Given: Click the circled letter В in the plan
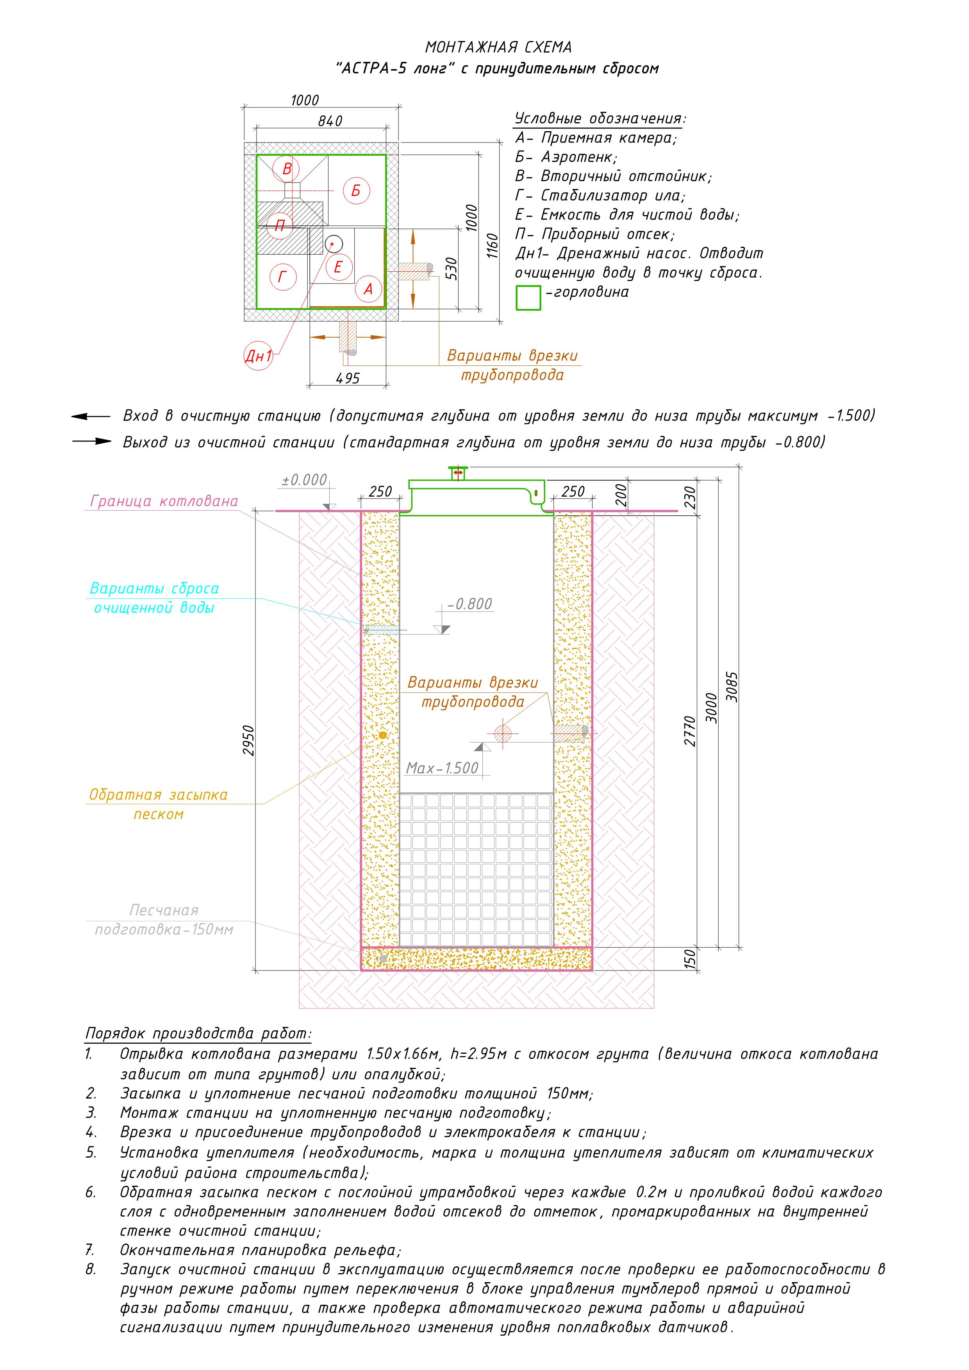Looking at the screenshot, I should pos(287,169).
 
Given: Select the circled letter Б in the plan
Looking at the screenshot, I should pos(356,191).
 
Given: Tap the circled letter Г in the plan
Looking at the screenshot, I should pos(282,277).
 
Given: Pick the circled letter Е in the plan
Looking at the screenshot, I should pos(338,267).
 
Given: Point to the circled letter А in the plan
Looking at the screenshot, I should pos(368,289).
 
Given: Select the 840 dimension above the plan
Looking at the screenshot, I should pos(330,121).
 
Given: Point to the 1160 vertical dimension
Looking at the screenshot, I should pos(492,245).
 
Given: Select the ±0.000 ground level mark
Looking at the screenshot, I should pos(305,480).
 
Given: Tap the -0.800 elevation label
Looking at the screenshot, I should pos(470,604).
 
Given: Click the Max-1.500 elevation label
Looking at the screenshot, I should pos(443,768).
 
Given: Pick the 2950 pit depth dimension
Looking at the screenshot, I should pos(248,741).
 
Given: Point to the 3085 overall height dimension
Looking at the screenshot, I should pos(733,688).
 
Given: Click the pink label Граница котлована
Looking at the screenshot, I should pos(164,501).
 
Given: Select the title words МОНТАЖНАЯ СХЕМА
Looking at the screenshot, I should pos(498,47).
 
